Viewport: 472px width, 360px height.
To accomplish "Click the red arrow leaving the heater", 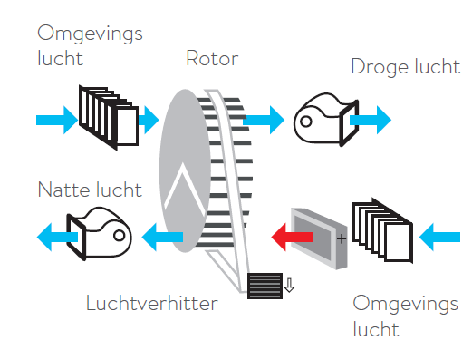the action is click(292, 237).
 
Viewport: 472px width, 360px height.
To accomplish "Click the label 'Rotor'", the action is click(212, 58).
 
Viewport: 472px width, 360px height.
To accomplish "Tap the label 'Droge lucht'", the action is click(405, 68).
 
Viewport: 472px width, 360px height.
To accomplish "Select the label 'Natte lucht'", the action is click(90, 190).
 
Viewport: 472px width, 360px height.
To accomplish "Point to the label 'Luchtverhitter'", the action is click(151, 303).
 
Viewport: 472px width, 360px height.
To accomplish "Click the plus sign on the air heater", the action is click(342, 239).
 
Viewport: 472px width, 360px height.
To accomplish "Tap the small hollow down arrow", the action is click(289, 285).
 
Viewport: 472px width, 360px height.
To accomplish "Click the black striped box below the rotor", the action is click(265, 286).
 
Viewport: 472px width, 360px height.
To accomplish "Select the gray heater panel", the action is click(319, 238).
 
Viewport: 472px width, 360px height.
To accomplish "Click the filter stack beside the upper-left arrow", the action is click(109, 117).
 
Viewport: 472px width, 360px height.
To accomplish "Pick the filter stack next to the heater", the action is click(382, 230).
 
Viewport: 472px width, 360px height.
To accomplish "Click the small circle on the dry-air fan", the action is click(306, 122).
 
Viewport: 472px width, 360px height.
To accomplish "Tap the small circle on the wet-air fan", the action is click(120, 235).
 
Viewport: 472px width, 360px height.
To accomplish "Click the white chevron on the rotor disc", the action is click(184, 190).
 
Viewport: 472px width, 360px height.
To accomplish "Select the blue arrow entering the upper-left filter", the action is click(57, 120).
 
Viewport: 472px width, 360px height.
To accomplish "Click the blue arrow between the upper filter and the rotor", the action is click(149, 120).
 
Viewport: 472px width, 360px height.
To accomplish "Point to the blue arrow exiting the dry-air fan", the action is click(371, 120).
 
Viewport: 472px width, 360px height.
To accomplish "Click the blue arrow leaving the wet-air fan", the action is click(57, 237).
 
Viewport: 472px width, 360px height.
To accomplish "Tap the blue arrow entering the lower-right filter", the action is click(439, 237).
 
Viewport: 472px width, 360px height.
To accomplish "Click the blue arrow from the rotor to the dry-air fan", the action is click(264, 120).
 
